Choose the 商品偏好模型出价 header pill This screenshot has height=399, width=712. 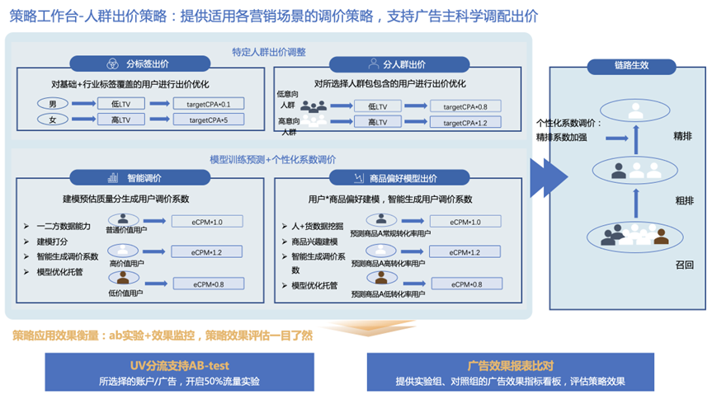coord(393,177)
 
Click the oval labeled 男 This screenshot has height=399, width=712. coord(53,104)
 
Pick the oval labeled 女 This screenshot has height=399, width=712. coord(53,120)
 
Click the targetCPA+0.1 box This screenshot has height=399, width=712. coord(210,105)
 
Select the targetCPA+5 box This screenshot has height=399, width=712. coord(210,120)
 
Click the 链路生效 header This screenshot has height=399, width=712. coord(630,66)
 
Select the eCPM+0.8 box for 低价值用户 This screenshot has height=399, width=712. coord(208,284)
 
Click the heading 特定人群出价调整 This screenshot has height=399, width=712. coord(269,51)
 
